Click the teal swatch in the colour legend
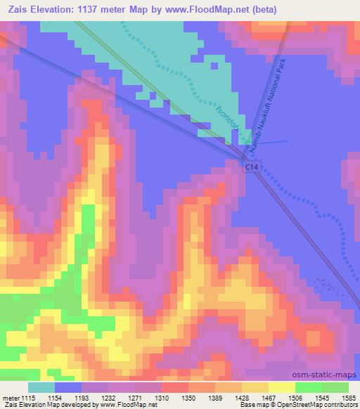[41, 387]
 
